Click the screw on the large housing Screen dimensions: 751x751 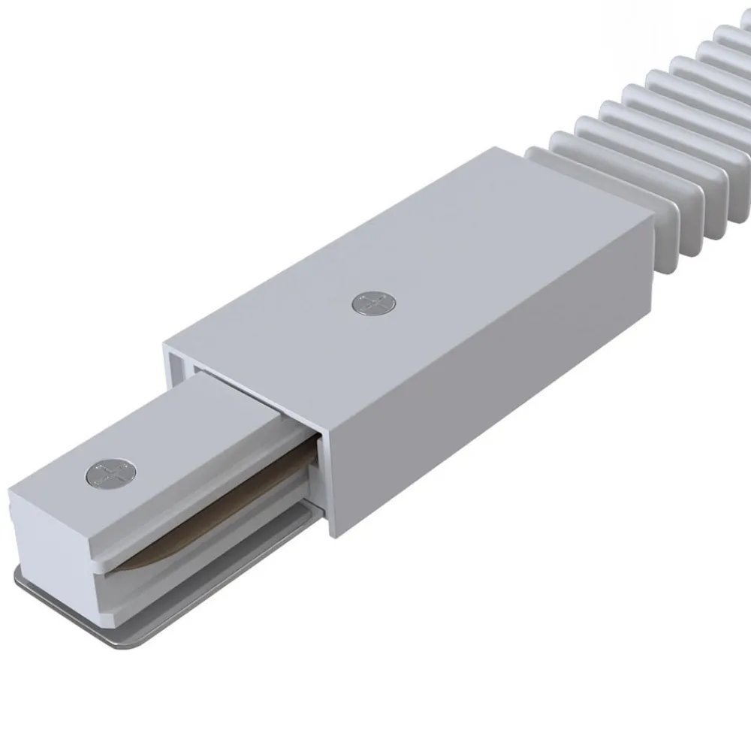point(373,303)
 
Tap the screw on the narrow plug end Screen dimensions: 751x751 point(111,475)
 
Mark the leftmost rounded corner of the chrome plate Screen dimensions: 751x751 point(17,578)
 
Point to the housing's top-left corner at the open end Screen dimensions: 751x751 point(164,348)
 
